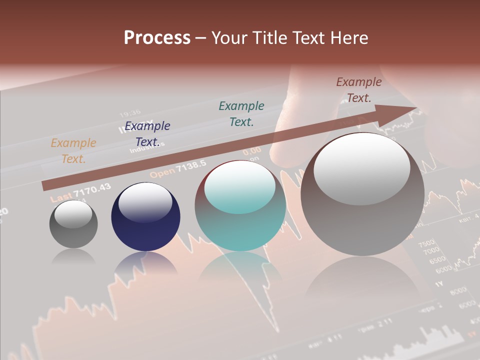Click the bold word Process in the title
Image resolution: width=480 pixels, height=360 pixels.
click(x=157, y=38)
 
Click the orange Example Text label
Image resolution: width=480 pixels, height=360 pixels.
click(x=73, y=151)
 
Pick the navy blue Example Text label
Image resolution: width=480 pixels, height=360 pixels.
click(x=147, y=134)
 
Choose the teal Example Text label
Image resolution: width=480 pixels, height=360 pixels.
click(x=241, y=113)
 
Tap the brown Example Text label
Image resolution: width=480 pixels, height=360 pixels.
click(x=358, y=90)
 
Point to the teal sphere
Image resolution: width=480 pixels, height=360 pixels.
click(x=240, y=206)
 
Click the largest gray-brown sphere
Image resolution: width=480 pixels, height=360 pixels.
click(x=362, y=194)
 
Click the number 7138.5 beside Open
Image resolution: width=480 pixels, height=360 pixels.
click(x=192, y=165)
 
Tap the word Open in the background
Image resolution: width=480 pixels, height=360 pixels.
click(x=162, y=173)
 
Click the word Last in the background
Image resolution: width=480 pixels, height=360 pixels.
click(x=61, y=196)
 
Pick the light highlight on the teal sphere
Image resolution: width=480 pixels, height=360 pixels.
click(x=240, y=188)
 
